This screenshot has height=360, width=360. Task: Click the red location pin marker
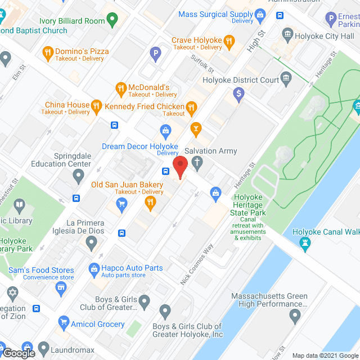(x=179, y=168)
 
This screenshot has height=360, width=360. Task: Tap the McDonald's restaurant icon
(x=120, y=88)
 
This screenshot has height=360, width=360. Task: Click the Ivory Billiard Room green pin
(x=112, y=21)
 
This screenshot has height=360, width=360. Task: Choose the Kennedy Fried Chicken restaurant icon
(x=192, y=106)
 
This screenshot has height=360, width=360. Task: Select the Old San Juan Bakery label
(x=127, y=184)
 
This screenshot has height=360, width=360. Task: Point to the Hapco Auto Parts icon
(x=94, y=268)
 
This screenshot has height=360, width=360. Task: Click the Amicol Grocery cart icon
(x=64, y=323)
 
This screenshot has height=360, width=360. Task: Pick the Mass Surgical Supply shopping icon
(x=259, y=14)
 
